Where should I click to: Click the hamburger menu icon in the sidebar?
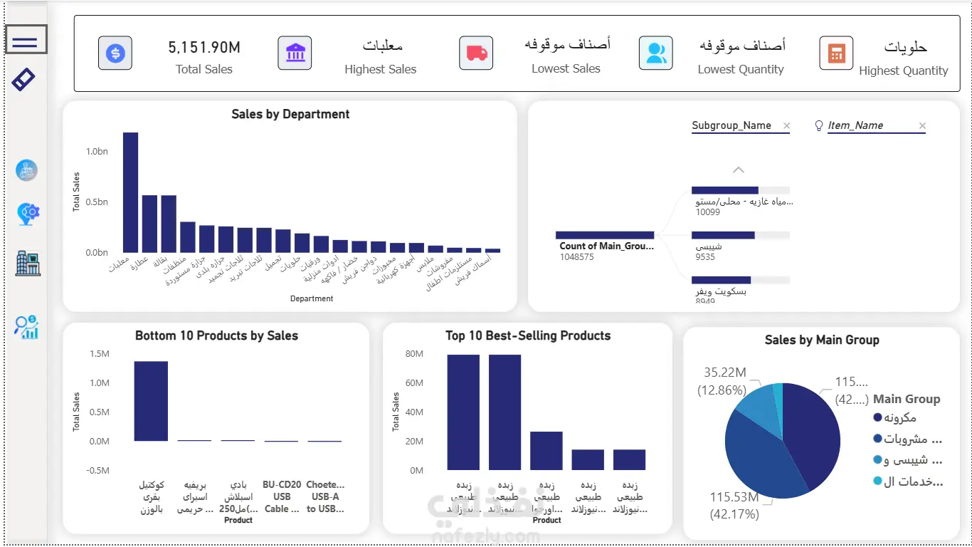tap(26, 40)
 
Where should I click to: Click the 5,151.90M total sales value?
tap(204, 48)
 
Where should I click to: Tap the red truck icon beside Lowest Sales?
tap(476, 53)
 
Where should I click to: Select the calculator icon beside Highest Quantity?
tap(836, 53)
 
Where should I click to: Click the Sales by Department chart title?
tap(290, 114)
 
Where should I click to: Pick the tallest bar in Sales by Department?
tap(130, 192)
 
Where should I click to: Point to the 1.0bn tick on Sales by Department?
tap(97, 152)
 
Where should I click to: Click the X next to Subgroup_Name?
tap(786, 126)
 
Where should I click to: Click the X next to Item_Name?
tap(922, 126)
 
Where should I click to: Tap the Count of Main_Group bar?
tap(605, 235)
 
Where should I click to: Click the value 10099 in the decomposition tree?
tap(707, 212)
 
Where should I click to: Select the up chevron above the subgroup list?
tap(738, 170)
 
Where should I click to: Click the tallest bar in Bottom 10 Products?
tap(151, 401)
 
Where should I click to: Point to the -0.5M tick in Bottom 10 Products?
tap(98, 471)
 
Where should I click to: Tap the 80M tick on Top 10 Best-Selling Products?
tap(414, 354)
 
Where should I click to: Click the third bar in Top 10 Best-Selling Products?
tap(546, 451)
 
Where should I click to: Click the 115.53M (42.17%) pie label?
tap(734, 504)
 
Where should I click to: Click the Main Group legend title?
tap(907, 399)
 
